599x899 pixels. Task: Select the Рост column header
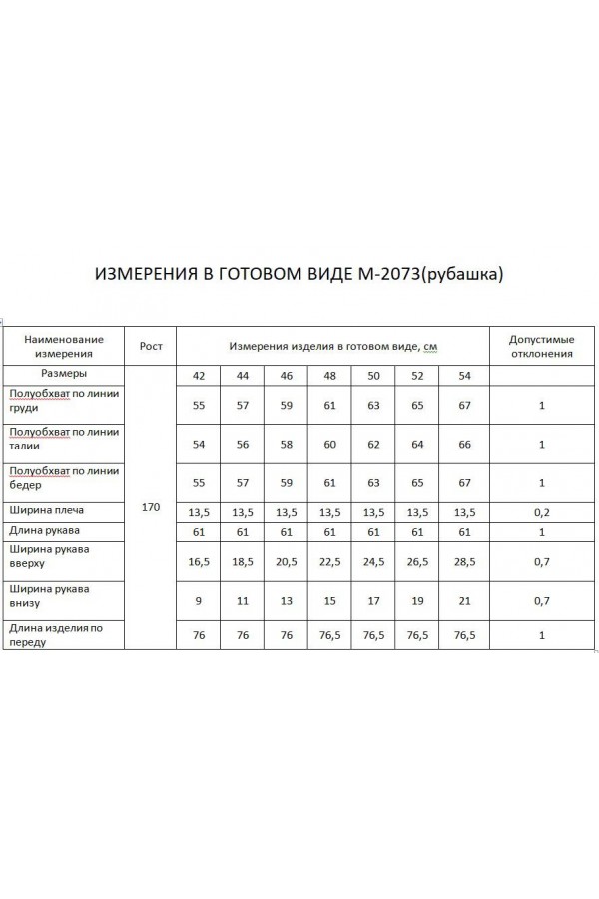(151, 346)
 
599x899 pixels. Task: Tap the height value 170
(151, 508)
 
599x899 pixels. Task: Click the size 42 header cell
(199, 375)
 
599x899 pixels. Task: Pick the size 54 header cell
(464, 375)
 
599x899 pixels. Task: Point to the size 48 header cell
(330, 375)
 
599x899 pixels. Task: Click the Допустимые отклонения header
(541, 346)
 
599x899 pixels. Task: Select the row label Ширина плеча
(46, 510)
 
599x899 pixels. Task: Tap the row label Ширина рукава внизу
(48, 596)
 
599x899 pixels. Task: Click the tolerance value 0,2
(541, 512)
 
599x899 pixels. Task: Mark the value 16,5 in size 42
(199, 563)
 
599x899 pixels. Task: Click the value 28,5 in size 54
(464, 563)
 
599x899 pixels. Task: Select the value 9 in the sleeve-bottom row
(199, 602)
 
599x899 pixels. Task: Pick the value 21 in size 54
(464, 602)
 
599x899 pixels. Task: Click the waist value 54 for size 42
(199, 444)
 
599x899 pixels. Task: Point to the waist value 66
(464, 444)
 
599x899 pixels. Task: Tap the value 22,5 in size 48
(330, 563)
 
